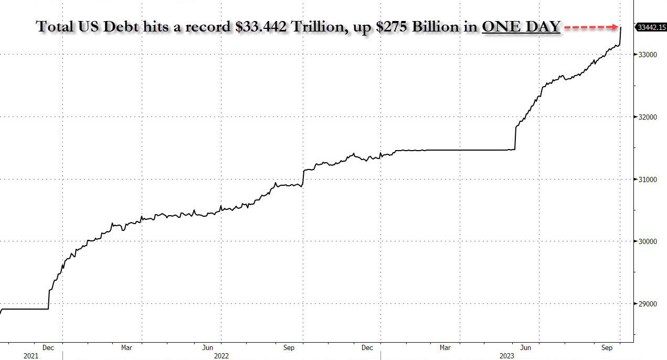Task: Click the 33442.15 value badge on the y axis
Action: [x=650, y=27]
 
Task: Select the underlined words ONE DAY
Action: [x=521, y=27]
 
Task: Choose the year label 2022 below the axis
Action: [x=221, y=356]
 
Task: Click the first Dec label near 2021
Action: [x=48, y=347]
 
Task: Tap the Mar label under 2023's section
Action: [x=445, y=347]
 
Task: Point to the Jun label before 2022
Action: [x=208, y=347]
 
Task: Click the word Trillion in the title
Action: [x=322, y=27]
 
